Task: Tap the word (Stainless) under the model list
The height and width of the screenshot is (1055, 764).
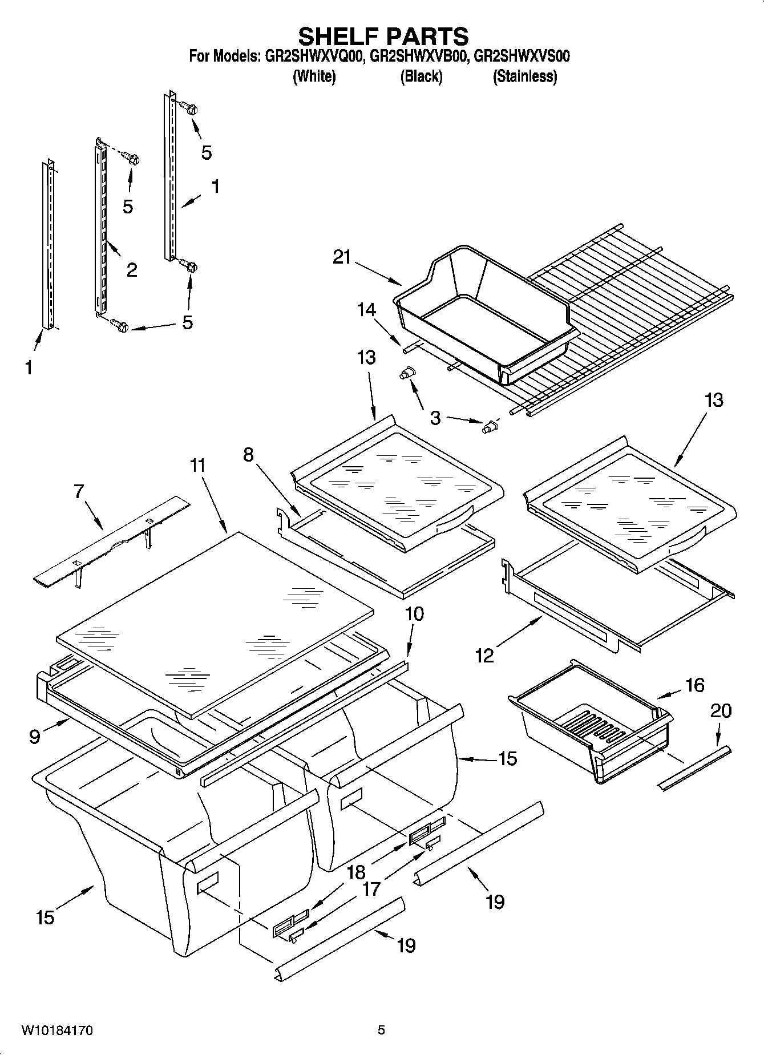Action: click(x=524, y=76)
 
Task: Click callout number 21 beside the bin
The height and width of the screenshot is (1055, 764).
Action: click(x=342, y=257)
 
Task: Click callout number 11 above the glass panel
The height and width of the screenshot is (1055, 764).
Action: click(x=197, y=466)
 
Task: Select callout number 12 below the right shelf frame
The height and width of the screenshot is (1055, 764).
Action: click(x=484, y=656)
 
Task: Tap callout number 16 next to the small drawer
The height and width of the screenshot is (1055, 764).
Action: click(x=694, y=685)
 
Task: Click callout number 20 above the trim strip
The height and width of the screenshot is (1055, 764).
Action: click(x=721, y=710)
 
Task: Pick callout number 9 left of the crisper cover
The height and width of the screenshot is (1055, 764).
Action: click(x=35, y=737)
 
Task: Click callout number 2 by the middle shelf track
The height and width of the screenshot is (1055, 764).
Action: click(x=131, y=270)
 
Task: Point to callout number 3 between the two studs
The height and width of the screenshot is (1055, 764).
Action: click(x=435, y=418)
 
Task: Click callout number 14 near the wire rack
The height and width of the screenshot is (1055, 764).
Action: click(x=366, y=310)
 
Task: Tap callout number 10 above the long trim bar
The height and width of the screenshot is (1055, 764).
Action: click(x=414, y=614)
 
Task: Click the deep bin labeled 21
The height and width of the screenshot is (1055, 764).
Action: click(x=485, y=308)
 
